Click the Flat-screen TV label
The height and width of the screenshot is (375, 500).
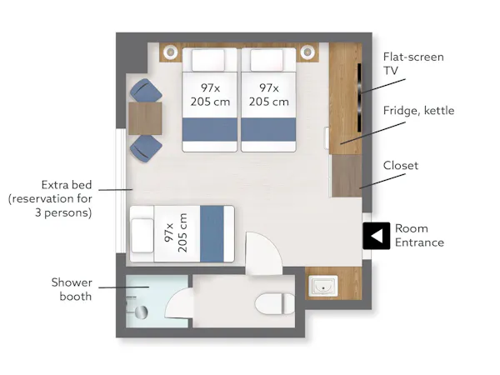(x=413, y=63)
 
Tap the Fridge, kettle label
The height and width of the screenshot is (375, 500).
(x=418, y=111)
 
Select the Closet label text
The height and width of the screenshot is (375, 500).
(x=401, y=165)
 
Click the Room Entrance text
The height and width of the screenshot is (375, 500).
(x=419, y=235)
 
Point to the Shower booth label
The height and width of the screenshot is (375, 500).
(x=72, y=289)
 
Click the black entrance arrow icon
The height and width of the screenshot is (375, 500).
(x=377, y=236)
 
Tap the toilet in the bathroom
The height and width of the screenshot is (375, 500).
(x=275, y=304)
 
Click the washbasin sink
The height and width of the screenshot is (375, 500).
(x=323, y=286)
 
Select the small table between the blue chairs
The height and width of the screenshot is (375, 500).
(x=145, y=118)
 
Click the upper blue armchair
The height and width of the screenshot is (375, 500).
(x=146, y=91)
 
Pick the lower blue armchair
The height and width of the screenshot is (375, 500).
(x=146, y=148)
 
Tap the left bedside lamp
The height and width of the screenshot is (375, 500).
(x=171, y=52)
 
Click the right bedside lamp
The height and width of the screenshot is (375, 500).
(x=307, y=52)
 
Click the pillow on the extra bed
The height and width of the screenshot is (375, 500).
(x=142, y=235)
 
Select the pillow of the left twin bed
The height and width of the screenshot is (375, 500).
(x=208, y=60)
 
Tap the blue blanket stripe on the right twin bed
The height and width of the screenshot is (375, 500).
(x=268, y=129)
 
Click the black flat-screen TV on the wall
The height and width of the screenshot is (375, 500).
(x=359, y=97)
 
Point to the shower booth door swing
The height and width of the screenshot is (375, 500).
(x=179, y=303)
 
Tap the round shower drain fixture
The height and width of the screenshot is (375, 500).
(x=141, y=312)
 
